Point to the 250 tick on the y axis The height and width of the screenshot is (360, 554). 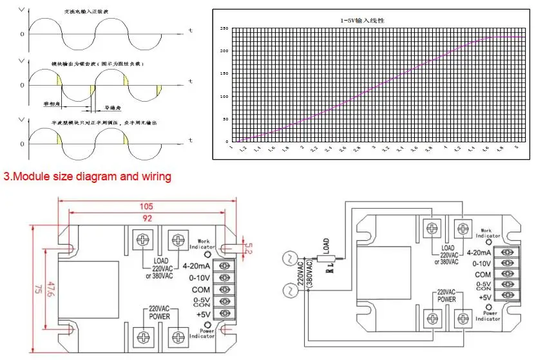224,29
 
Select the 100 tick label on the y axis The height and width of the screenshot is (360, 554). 224,97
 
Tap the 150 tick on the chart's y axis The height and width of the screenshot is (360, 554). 224,74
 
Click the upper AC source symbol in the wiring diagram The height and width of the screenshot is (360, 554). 289,260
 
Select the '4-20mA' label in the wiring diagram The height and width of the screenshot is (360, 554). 483,252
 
